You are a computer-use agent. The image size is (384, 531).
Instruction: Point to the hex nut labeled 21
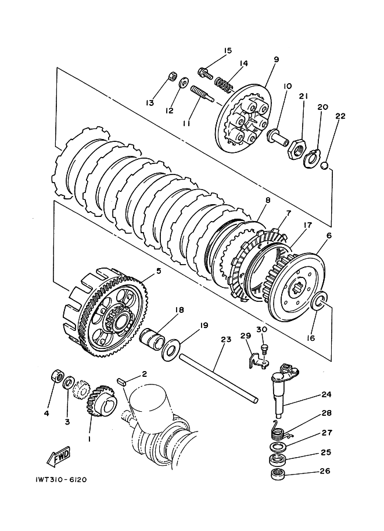click(x=295, y=148)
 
